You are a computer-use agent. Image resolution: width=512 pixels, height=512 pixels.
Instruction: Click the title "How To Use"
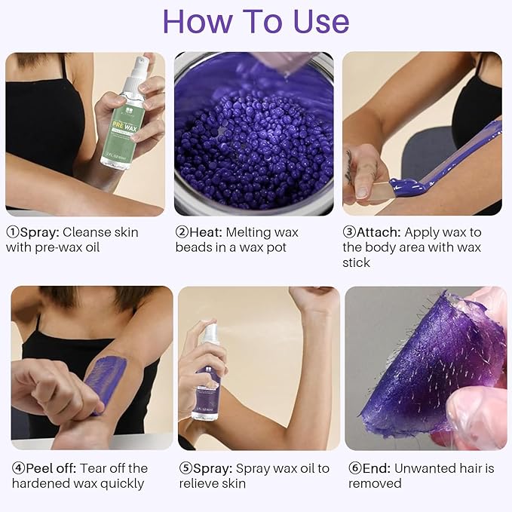256,22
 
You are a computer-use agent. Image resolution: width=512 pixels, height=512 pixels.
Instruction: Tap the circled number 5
185,468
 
